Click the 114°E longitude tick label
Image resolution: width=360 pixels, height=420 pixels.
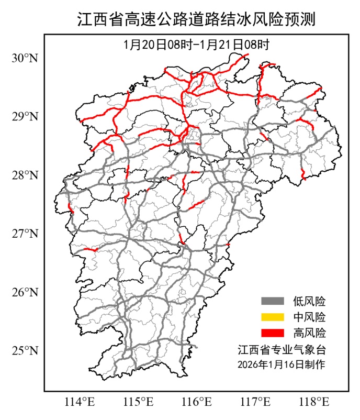point(79,402)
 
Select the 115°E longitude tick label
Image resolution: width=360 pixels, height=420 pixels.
point(139,402)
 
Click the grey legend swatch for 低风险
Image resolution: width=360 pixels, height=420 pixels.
point(272,301)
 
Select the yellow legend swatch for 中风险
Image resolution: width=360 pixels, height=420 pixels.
point(272,317)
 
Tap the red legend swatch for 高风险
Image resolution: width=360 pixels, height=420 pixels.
point(272,333)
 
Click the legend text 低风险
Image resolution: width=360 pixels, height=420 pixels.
point(309,301)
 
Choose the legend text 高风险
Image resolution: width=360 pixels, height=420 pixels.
point(309,333)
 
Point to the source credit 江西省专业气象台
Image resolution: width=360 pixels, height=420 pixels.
point(281,349)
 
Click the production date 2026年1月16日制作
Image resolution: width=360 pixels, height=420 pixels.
point(281,364)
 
